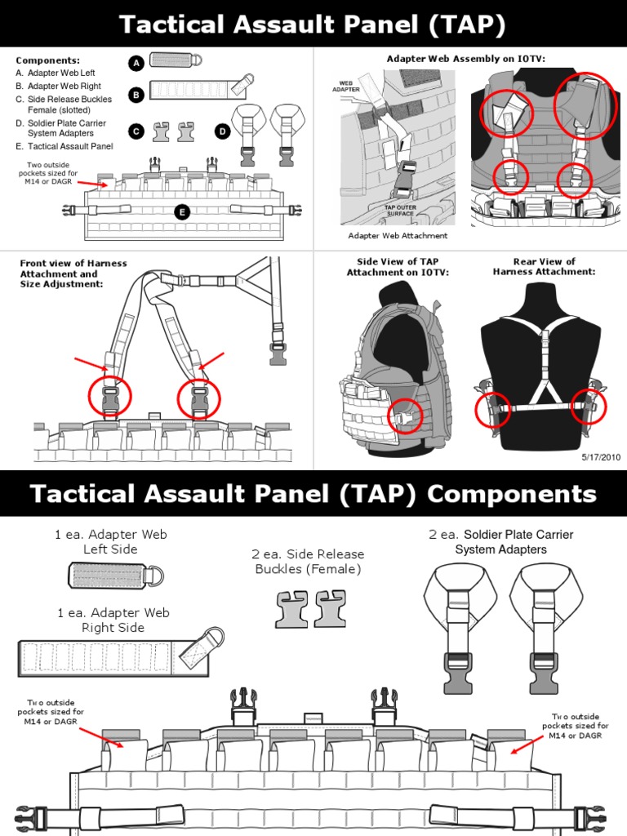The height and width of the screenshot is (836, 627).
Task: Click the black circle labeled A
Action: pos(136,63)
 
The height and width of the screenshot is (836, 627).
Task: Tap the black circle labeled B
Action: pos(136,95)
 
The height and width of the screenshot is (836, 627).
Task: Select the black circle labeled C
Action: pos(136,130)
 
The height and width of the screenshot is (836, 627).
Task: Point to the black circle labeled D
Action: pos(222,131)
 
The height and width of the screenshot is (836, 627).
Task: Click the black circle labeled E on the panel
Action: pos(182,212)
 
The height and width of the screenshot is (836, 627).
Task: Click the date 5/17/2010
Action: pos(601,457)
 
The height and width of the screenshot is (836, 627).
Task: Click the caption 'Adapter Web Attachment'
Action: pos(398,236)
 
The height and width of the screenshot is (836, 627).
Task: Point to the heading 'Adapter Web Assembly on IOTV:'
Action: pos(465,59)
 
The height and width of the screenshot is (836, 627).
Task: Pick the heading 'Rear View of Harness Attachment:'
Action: pos(544,267)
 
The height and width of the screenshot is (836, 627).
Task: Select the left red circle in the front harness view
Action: pos(109,398)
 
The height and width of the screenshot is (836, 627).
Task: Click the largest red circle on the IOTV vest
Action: pos(585,105)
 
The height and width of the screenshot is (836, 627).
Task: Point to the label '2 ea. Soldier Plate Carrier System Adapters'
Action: pos(500,542)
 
